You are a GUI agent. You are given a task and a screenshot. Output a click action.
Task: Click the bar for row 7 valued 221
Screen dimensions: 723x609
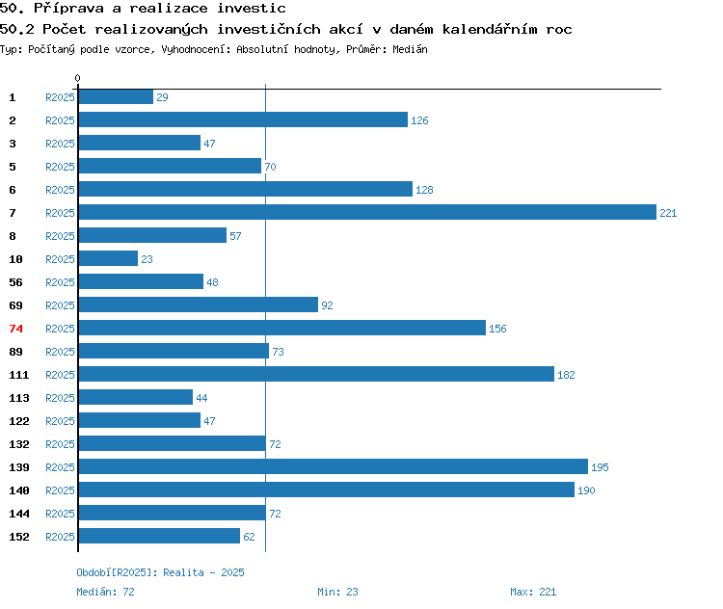(367, 212)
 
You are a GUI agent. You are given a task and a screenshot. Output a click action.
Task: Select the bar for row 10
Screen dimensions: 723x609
(108, 258)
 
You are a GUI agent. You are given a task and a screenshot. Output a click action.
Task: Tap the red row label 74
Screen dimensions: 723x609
(15, 329)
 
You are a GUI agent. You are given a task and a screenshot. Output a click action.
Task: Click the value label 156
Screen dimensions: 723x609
(497, 329)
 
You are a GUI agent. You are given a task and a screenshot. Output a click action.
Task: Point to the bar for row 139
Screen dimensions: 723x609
(334, 466)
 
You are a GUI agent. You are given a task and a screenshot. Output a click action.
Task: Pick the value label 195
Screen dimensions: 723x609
(600, 467)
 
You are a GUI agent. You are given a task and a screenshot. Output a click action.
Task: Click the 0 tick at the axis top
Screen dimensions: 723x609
(77, 78)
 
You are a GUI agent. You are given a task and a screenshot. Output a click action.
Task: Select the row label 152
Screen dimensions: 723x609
(19, 537)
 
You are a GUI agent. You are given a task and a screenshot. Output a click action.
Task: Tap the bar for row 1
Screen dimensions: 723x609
(116, 96)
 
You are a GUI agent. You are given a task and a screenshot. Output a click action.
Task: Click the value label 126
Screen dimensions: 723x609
(419, 120)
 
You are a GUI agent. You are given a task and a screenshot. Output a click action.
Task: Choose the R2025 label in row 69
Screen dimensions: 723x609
(60, 305)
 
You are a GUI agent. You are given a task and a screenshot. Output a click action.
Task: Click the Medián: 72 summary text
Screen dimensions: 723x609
(106, 592)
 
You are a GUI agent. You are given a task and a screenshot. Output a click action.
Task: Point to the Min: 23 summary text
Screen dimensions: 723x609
(337, 592)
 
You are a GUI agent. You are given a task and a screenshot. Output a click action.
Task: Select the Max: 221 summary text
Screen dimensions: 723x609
(533, 592)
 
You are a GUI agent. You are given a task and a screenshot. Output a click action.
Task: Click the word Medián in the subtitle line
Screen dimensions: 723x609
(410, 49)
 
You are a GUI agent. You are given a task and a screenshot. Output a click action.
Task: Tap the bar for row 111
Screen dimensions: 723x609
(316, 374)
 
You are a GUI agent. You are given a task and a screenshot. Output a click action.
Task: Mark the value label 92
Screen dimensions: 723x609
(327, 305)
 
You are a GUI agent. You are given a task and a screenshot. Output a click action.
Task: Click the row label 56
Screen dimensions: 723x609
(15, 282)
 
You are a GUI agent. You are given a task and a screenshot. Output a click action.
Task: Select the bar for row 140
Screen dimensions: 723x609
(327, 490)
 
